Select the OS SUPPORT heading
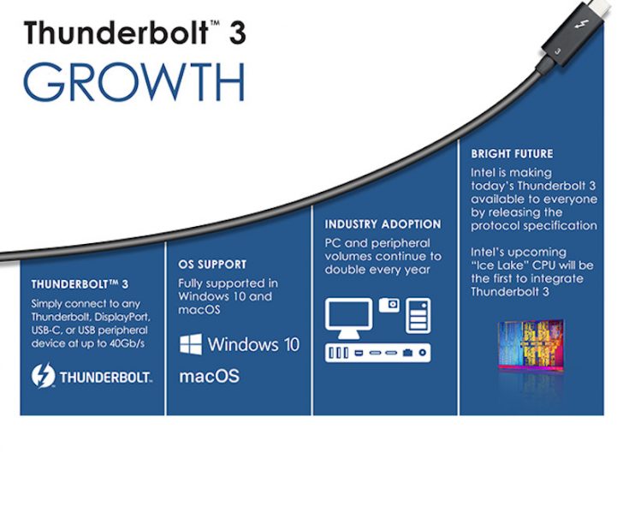212,265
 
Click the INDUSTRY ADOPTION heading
383,224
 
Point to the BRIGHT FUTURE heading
512,154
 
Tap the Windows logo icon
190,344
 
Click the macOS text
209,376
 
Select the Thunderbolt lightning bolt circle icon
43,376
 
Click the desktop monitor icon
348,317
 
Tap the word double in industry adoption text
341,270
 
